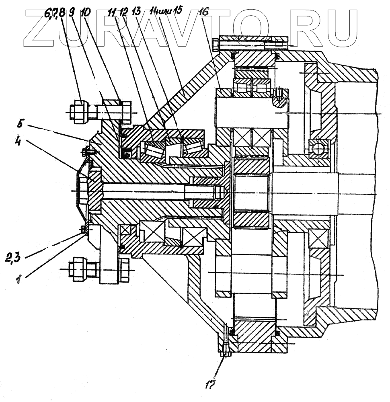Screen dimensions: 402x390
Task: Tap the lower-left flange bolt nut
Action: tap(77, 268)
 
